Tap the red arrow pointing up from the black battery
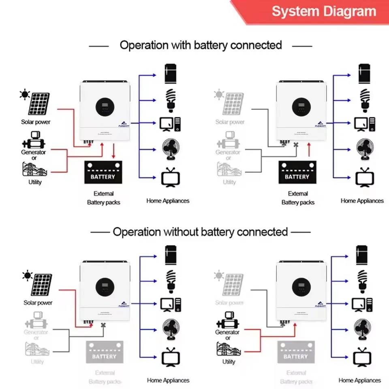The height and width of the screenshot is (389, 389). pyautogui.click(x=309, y=151)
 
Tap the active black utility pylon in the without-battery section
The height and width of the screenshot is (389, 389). pyautogui.click(x=229, y=350)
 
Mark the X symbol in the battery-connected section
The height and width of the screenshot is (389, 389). pyautogui.click(x=296, y=145)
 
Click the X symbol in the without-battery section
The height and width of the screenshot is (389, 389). pyautogui.click(x=104, y=325)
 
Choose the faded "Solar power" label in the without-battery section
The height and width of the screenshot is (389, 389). pyautogui.click(x=230, y=303)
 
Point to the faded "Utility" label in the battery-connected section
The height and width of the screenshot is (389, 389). pyautogui.click(x=229, y=182)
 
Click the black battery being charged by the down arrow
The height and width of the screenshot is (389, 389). pyautogui.click(x=103, y=172)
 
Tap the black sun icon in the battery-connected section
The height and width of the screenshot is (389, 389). pyautogui.click(x=25, y=95)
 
